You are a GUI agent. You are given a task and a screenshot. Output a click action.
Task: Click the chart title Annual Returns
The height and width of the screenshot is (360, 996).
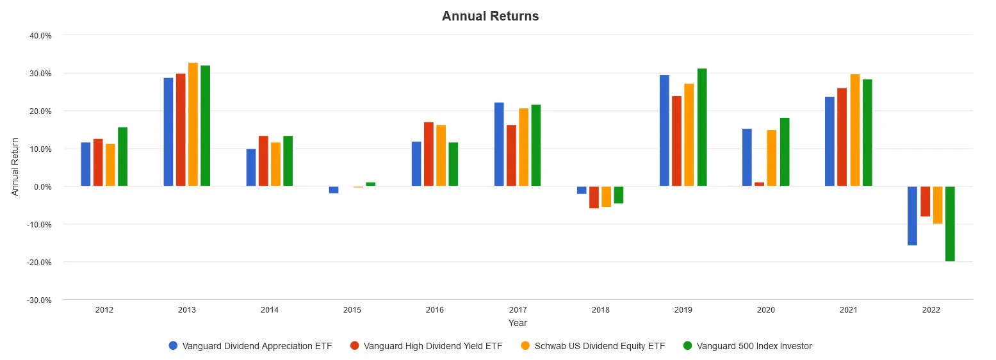point(490,17)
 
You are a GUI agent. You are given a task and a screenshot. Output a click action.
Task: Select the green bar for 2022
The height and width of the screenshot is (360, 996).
point(950,224)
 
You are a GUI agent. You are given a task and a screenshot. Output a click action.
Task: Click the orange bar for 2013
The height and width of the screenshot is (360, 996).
point(193,124)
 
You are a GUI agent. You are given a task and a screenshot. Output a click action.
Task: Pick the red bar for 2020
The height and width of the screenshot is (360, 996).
point(759,184)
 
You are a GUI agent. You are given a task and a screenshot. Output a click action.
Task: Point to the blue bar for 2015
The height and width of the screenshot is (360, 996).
point(334,190)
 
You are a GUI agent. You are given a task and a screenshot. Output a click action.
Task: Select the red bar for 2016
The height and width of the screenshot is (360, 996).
point(429,154)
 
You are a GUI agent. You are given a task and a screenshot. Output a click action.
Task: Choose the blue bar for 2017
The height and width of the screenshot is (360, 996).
point(499,145)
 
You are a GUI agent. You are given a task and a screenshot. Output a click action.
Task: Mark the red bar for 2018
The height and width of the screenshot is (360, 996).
point(594,197)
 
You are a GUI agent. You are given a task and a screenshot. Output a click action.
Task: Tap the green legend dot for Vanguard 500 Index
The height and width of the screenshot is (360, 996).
point(688,346)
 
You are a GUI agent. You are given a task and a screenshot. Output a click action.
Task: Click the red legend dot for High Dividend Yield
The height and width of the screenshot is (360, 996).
point(355,346)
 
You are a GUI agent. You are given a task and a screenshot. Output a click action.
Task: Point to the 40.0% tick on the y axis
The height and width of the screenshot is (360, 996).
point(41,36)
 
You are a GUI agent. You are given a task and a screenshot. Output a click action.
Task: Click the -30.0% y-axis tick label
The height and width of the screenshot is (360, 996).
point(40,300)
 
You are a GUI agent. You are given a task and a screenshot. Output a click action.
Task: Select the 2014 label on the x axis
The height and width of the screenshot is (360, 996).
point(270,310)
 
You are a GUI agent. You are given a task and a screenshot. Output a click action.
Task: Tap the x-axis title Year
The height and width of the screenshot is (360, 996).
point(518,323)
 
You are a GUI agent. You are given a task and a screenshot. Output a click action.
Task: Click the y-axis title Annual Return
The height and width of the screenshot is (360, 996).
point(15,168)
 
